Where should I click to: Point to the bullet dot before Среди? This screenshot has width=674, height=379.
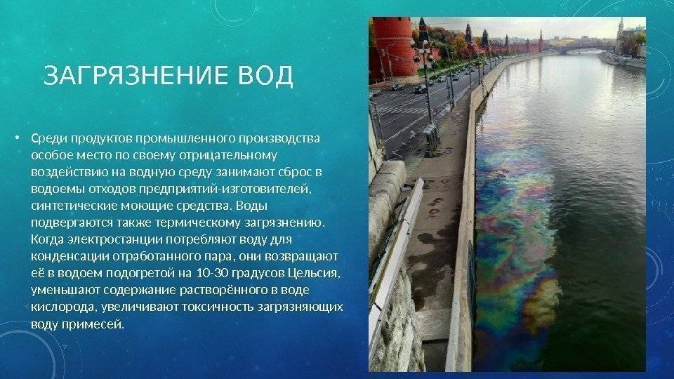click(x=17, y=138)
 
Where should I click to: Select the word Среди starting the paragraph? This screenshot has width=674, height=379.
click(x=49, y=139)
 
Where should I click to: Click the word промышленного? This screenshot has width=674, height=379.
click(x=185, y=139)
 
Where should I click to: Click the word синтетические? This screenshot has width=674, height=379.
click(x=74, y=206)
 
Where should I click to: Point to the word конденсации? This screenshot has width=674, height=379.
click(x=70, y=257)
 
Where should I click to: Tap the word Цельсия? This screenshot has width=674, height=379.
click(x=314, y=273)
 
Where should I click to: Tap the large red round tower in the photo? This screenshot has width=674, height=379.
click(x=393, y=47)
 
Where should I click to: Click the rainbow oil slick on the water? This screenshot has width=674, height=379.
click(x=516, y=232)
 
